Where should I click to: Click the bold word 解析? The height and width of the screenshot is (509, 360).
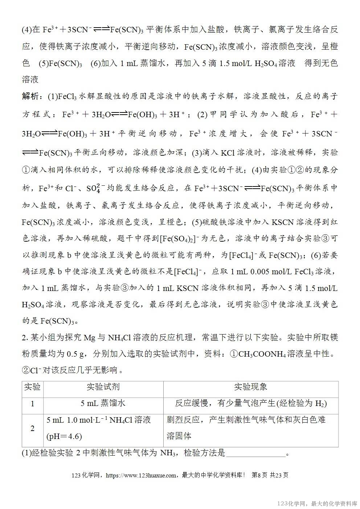pyautogui.click(x=30, y=97)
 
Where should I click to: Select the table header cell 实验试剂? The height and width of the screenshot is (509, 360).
pyautogui.click(x=103, y=387)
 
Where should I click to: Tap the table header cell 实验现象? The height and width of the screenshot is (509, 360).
pyautogui.click(x=250, y=387)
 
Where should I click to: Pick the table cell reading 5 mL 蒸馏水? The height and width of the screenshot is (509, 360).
pyautogui.click(x=103, y=403)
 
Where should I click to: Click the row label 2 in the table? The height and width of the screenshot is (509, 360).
pyautogui.click(x=32, y=428)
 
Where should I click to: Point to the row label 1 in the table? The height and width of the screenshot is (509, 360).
pyautogui.click(x=32, y=403)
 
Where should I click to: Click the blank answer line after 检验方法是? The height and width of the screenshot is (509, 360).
pyautogui.click(x=255, y=453)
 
